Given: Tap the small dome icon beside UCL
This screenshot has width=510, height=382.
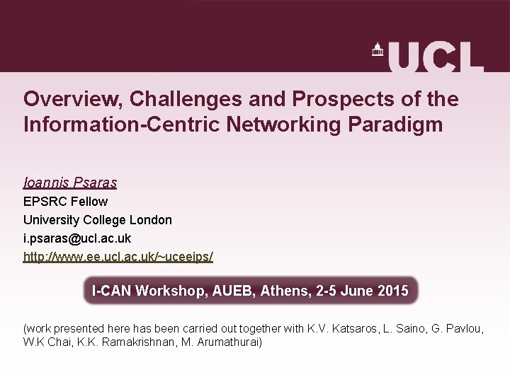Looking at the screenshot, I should [x=377, y=50].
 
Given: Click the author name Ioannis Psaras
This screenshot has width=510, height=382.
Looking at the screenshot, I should [x=69, y=183].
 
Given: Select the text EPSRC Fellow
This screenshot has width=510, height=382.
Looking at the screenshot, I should [x=65, y=202].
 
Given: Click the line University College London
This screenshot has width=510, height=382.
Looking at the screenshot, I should [x=97, y=220].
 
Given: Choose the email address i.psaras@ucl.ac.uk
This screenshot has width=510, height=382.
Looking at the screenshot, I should [x=76, y=238].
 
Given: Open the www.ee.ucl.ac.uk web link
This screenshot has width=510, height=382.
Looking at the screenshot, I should [x=118, y=257].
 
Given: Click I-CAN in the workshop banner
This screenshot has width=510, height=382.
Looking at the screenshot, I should [x=111, y=291].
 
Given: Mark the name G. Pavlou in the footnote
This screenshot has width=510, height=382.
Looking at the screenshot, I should [x=453, y=329].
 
